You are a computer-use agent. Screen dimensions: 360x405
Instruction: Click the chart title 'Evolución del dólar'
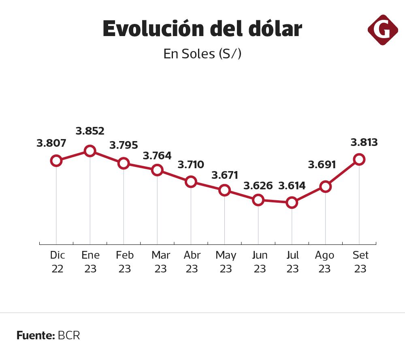coord(202,29)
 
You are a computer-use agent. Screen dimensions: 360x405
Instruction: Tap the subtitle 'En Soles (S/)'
coord(202,54)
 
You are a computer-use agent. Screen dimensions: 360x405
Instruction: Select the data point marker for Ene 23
coord(90,151)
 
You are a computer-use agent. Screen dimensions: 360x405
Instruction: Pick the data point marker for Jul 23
coord(292,202)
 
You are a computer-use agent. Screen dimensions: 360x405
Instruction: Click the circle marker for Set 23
coord(359,159)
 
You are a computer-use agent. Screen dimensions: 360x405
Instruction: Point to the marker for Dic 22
coord(56,161)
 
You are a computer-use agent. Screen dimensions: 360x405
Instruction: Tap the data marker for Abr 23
coord(191,182)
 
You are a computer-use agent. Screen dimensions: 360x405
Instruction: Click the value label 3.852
coord(90,131)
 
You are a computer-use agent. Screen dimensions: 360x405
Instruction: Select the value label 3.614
coord(292,186)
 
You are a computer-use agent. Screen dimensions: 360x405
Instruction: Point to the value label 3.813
coord(364,142)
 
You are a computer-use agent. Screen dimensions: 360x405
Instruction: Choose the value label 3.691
coord(322,165)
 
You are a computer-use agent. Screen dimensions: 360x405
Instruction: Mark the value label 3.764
coord(157,156)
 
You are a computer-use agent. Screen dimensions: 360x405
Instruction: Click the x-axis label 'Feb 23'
coord(124,262)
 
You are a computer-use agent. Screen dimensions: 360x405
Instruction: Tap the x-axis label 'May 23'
coord(226,262)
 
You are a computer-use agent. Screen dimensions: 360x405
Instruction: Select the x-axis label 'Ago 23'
coord(324,262)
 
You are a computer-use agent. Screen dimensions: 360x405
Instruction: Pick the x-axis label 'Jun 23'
coord(259,262)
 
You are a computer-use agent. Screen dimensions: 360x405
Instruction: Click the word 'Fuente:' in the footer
coord(36,336)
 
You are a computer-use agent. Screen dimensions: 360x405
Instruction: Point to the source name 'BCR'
coord(69,336)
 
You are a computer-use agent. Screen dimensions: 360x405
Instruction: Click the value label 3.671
coord(224,175)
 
